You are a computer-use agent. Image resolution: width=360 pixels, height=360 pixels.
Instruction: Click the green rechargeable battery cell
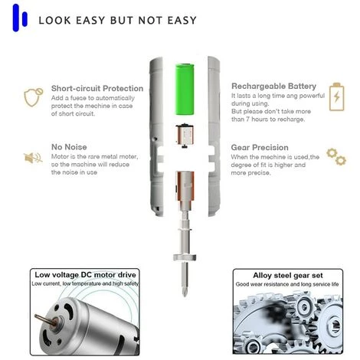[x=185, y=89]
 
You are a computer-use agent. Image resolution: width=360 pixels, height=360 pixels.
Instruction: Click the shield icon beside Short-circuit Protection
[x=33, y=97]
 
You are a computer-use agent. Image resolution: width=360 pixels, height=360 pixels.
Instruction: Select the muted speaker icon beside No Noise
[x=33, y=158]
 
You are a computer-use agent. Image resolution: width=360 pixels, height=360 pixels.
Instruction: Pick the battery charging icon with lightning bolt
[x=336, y=97]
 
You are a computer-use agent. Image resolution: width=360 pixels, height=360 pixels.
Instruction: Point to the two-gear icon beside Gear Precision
[x=336, y=156]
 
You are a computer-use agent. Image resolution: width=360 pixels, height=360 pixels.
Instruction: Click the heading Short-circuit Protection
[x=97, y=88]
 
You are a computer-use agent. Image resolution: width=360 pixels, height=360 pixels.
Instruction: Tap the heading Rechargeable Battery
[x=273, y=87]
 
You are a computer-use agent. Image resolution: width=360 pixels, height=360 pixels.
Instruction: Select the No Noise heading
[x=69, y=147]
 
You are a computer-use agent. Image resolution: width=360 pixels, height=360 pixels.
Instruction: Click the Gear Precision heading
[x=260, y=148]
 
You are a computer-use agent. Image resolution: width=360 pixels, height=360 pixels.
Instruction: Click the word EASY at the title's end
[x=182, y=21]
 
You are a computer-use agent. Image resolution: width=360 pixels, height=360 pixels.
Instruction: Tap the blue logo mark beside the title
[x=20, y=18]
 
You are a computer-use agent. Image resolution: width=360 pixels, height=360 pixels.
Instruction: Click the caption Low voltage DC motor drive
[x=85, y=275]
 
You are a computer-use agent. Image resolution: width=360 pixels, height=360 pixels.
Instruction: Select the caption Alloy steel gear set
[x=288, y=276]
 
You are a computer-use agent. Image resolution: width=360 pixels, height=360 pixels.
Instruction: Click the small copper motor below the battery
[x=185, y=136]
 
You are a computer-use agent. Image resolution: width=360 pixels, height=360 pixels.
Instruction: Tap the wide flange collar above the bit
[x=185, y=257]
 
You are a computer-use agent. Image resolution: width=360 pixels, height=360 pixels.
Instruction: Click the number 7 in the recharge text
[x=247, y=119]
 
